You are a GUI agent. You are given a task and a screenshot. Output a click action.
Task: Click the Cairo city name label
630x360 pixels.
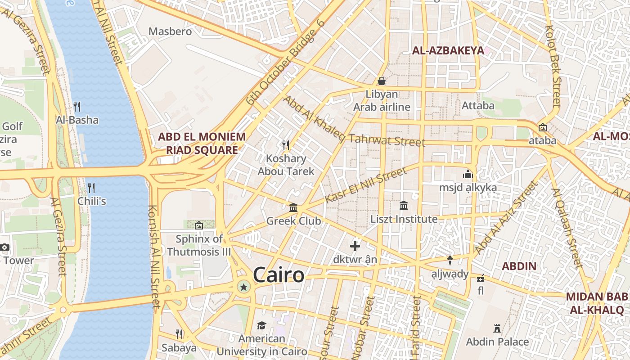coord(279,275)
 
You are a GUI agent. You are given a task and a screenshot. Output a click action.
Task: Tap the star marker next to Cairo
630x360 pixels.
coord(244,287)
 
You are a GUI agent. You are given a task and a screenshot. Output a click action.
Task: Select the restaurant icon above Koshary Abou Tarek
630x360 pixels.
coord(286,145)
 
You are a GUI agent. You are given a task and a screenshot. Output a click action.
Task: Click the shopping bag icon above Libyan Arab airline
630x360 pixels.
coord(382,81)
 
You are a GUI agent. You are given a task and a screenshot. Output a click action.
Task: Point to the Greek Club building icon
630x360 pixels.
coord(293,207)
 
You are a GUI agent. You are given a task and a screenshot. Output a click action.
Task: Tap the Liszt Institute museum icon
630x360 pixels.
coord(404,206)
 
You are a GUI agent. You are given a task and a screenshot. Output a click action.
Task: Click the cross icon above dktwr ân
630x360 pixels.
coord(355,246)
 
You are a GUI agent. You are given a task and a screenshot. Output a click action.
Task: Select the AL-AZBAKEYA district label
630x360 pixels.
coord(448,50)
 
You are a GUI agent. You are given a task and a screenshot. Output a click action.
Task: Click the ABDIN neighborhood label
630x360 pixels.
coord(519,266)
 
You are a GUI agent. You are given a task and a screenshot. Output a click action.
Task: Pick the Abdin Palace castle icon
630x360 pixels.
coord(497,328)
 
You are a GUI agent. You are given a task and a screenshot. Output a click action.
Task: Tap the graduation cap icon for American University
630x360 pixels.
coord(261,325)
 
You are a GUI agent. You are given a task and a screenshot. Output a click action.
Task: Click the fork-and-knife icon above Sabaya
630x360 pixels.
coord(179,334)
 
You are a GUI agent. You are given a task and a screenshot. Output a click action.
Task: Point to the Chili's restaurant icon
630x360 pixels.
coord(91,188)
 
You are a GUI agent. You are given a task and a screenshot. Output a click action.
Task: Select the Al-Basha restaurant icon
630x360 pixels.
coord(77,107)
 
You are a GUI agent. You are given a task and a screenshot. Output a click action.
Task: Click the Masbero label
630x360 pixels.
coord(170,31)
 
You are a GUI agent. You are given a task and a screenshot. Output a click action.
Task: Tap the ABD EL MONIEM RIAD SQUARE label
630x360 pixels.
coord(202,143)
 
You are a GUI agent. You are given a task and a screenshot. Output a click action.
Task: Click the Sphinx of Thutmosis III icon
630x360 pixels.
coord(198,225)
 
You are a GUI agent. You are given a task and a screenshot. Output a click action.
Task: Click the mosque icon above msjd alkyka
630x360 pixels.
coord(468,174)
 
